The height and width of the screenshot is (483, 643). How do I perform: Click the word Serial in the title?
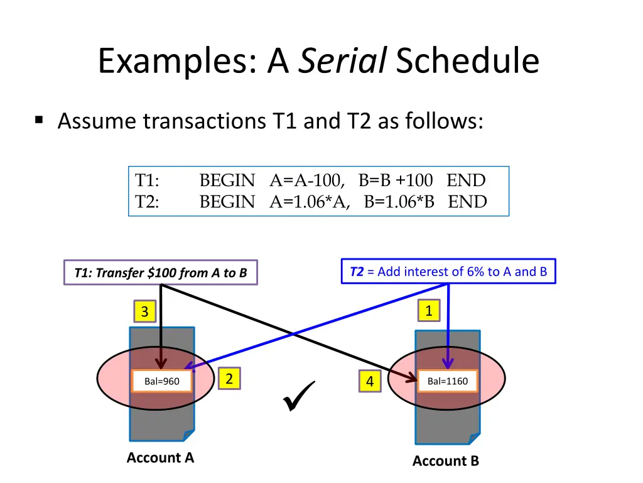(x=342, y=62)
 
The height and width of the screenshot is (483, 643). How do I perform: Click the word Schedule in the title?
(x=467, y=62)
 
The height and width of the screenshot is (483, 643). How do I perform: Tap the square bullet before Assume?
(x=39, y=119)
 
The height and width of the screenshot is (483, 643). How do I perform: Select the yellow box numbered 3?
(x=144, y=312)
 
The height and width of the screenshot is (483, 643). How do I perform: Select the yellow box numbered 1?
(x=429, y=311)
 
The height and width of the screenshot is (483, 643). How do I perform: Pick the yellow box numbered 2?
(x=229, y=379)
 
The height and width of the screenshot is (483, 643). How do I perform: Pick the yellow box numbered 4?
(x=370, y=382)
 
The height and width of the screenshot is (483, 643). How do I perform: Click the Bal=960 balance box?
(x=162, y=380)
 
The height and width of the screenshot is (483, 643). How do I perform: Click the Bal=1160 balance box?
(x=447, y=380)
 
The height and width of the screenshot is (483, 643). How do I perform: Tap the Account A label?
(x=160, y=458)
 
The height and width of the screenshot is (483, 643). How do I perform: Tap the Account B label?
(x=445, y=461)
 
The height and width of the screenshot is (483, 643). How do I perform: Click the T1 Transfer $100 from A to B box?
(x=160, y=273)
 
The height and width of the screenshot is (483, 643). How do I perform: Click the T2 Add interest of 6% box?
(x=448, y=272)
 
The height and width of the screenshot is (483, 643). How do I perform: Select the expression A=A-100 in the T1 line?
(x=307, y=181)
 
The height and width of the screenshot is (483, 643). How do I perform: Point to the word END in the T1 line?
(x=466, y=181)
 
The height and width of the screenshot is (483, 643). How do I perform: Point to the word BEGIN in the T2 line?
(x=227, y=202)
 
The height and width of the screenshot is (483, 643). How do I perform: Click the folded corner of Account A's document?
(x=188, y=435)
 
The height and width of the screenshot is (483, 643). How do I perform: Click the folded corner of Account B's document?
(x=473, y=438)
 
